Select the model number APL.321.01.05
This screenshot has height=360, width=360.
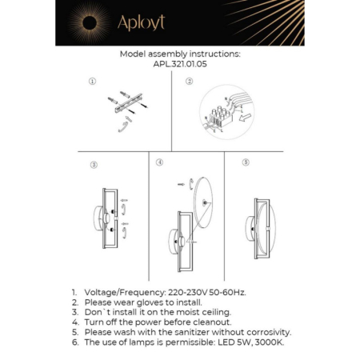[x=179, y=66]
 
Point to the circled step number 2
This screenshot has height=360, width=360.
[x=190, y=82]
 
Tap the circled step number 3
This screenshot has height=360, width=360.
[x=94, y=165]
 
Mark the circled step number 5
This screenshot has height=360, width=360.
[x=246, y=162]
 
